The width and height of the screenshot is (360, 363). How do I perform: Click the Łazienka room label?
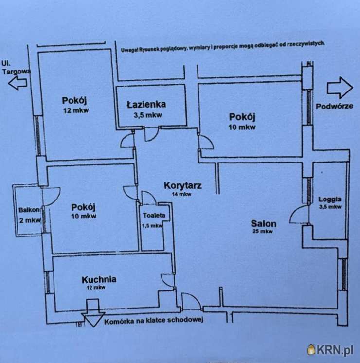[146, 104]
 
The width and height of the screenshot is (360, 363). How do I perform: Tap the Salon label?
[264, 224]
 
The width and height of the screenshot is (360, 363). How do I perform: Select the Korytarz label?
[183, 185]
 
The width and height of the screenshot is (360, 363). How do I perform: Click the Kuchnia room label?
[99, 279]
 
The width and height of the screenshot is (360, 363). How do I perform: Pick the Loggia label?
[330, 199]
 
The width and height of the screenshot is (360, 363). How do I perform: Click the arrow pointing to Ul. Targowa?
[18, 84]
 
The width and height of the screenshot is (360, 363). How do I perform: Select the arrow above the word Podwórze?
[339, 88]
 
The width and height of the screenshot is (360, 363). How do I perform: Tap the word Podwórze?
[334, 106]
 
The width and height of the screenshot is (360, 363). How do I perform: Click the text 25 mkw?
[263, 232]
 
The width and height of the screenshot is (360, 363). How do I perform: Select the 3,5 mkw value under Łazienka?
[147, 115]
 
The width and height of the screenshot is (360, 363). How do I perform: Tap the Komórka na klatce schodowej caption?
[153, 320]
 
